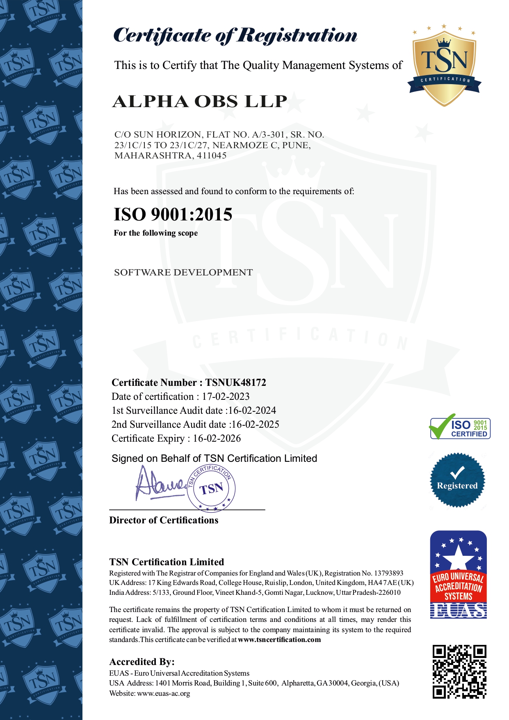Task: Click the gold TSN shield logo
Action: click(444, 66)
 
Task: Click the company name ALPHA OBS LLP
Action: click(200, 101)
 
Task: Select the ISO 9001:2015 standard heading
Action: click(173, 215)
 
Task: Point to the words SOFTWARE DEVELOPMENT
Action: click(183, 273)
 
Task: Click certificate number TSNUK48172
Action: click(236, 383)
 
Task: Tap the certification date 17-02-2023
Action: click(226, 397)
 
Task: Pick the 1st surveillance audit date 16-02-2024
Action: click(252, 410)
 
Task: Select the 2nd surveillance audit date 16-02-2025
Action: click(256, 424)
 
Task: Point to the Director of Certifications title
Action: click(164, 520)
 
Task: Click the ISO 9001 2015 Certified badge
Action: click(460, 428)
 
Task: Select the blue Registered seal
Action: click(457, 480)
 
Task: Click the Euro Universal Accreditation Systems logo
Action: click(458, 575)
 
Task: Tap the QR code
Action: click(459, 672)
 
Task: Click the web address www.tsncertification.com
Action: click(279, 640)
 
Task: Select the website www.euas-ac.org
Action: click(163, 693)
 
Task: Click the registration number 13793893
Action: click(388, 573)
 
